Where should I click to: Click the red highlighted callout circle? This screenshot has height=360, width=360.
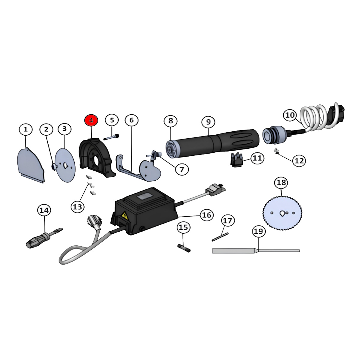(91, 121)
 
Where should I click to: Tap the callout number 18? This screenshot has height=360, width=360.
(281, 182)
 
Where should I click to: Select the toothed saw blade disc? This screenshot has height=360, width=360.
(282, 213)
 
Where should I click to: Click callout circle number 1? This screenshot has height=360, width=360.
(26, 130)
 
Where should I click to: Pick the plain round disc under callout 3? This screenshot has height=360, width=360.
(66, 164)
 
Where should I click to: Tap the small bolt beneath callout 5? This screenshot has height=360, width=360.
(112, 137)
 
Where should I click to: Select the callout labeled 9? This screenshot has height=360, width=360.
(208, 122)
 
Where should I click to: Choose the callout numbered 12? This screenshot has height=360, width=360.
(299, 161)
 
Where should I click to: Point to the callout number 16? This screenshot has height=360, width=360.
(207, 215)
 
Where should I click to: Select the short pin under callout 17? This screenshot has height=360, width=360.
(220, 237)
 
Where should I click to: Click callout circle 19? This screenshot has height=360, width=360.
(259, 232)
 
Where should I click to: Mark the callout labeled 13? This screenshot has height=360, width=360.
(77, 207)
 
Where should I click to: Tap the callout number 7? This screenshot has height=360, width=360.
(182, 169)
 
